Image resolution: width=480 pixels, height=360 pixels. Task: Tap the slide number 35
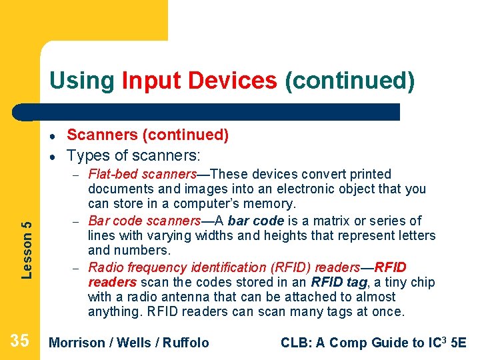click(x=20, y=341)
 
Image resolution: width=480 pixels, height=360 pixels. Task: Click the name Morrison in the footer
click(x=77, y=343)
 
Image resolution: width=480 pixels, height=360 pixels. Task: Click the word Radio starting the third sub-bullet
click(x=105, y=267)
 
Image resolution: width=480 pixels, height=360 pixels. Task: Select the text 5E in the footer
click(x=458, y=343)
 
